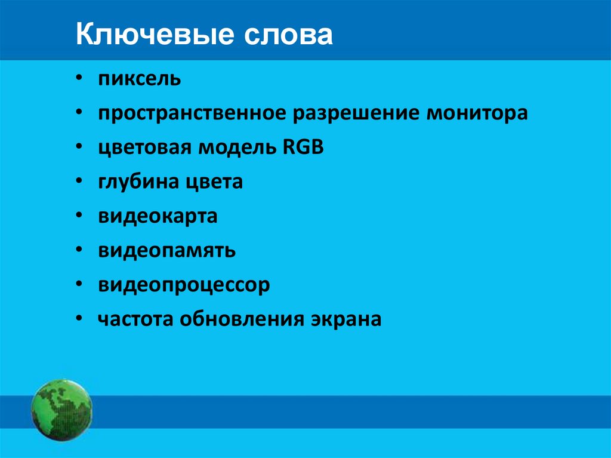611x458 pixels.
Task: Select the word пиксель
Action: click(x=140, y=79)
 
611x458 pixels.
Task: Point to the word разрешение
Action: click(x=354, y=113)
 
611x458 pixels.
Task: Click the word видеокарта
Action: click(x=158, y=216)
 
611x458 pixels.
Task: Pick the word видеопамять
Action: click(x=167, y=251)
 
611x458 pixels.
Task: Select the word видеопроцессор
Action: click(x=184, y=285)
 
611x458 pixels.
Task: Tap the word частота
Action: click(x=135, y=319)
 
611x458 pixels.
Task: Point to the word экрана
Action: click(x=345, y=320)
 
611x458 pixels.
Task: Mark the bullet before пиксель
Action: click(x=79, y=79)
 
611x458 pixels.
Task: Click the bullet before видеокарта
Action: click(x=79, y=216)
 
